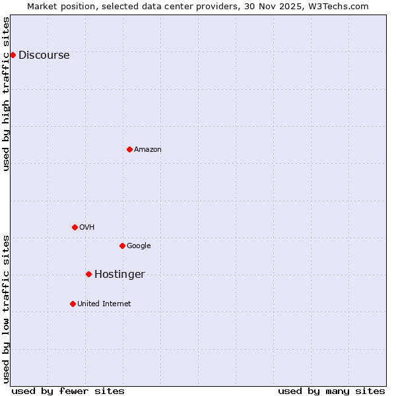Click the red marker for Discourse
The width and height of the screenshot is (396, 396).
click(13, 55)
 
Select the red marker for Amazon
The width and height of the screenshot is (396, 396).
click(129, 149)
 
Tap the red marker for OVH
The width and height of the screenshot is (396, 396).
click(75, 227)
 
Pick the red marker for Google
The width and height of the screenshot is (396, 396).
click(122, 246)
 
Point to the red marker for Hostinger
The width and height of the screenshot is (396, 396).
click(88, 274)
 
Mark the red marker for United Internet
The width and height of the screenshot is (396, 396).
click(73, 304)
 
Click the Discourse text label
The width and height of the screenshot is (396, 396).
click(44, 55)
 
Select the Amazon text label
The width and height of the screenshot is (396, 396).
click(148, 150)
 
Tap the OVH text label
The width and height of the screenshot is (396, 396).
click(87, 228)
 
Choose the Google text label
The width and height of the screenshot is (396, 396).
click(139, 246)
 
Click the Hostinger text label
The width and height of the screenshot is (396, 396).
click(119, 275)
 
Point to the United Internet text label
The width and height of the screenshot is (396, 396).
click(104, 304)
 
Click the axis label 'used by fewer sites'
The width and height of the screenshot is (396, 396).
click(68, 391)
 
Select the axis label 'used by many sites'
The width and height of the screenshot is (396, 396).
click(331, 391)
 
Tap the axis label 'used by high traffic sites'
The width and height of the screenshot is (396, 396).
click(6, 94)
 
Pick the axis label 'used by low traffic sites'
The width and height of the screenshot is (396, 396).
click(6, 309)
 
